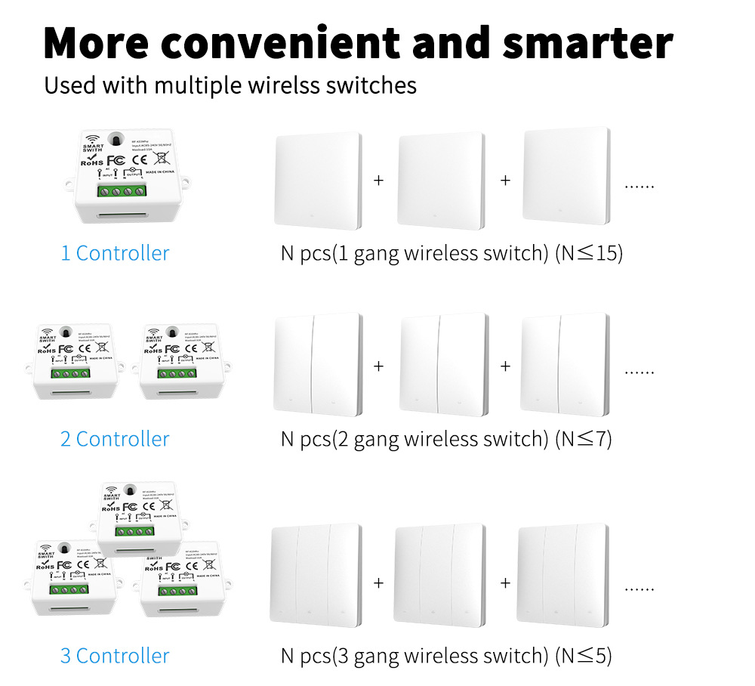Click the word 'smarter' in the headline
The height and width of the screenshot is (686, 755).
pyautogui.click(x=587, y=44)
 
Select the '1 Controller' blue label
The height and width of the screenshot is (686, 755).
pyautogui.click(x=115, y=253)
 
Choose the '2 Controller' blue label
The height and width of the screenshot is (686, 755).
pyautogui.click(x=115, y=439)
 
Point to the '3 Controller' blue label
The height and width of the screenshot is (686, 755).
pyautogui.click(x=115, y=656)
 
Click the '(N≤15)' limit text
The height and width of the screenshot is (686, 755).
pyautogui.click(x=589, y=253)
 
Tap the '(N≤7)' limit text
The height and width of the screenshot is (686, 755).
pyautogui.click(x=583, y=439)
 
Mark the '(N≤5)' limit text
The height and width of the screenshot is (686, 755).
pyautogui.click(x=583, y=656)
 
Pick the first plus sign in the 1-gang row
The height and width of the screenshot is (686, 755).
pyautogui.click(x=378, y=181)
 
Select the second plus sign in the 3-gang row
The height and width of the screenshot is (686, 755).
pyautogui.click(x=505, y=582)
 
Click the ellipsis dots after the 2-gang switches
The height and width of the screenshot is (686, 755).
pyautogui.click(x=639, y=372)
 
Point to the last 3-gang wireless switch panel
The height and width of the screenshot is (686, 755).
pyautogui.click(x=560, y=573)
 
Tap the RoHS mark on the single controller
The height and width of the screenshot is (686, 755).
pyautogui.click(x=92, y=162)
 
